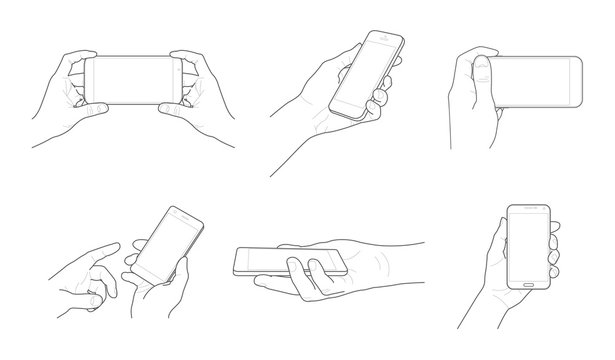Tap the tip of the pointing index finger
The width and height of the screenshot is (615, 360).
pyautogui.click(x=135, y=244)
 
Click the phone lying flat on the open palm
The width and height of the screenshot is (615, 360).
pyautogui.click(x=290, y=262)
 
